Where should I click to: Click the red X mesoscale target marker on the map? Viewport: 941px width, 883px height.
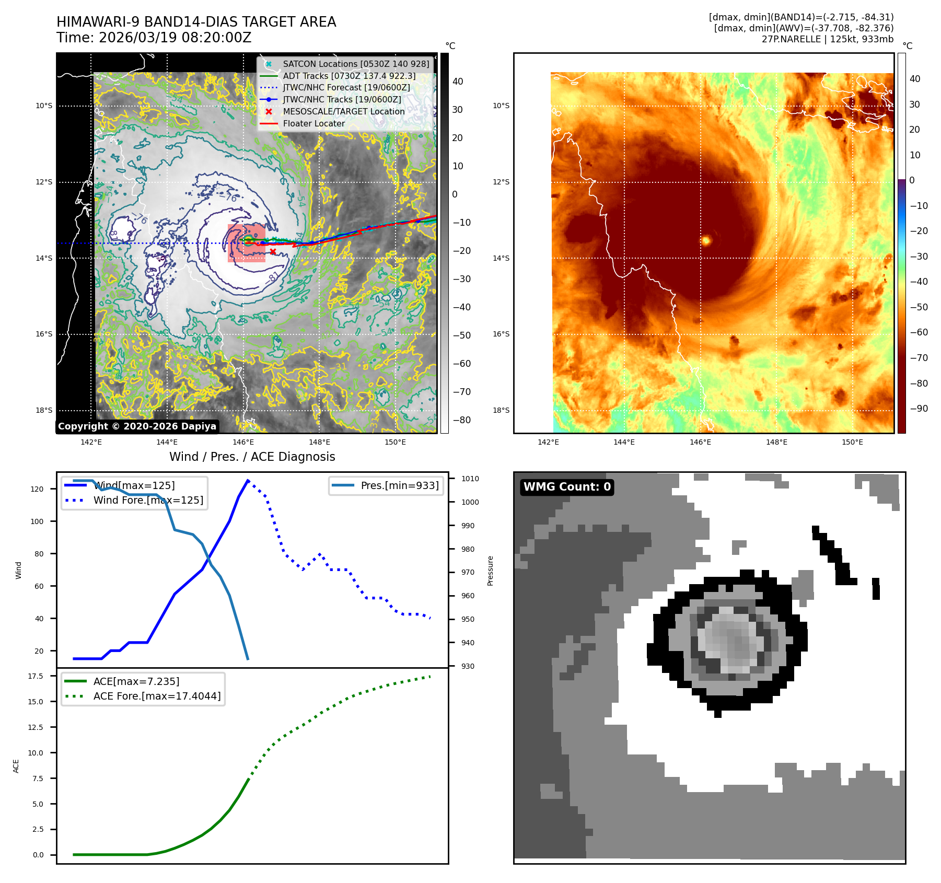[273, 252]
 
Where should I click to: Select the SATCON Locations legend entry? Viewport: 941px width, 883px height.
[355, 64]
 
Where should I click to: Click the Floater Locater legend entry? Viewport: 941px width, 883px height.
[313, 123]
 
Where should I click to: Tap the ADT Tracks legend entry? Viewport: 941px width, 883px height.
[349, 76]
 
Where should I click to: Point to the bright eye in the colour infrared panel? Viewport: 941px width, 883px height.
[706, 240]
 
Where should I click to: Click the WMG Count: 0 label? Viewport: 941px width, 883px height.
[567, 487]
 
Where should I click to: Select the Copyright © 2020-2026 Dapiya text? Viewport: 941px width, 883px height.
[137, 426]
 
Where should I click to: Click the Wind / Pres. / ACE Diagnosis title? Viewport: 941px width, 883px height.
[252, 457]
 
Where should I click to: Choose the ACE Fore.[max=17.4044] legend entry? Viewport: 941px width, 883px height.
[157, 696]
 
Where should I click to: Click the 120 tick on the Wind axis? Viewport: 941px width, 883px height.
[37, 489]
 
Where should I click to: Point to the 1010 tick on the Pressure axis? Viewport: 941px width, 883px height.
[470, 479]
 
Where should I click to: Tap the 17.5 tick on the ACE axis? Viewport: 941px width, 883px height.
[36, 676]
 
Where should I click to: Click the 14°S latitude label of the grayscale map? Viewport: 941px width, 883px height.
[44, 258]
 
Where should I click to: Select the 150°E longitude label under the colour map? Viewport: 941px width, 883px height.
[852, 442]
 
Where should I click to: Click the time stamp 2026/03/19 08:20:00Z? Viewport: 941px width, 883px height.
[175, 38]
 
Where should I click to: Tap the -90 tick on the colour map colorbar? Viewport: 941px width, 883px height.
[919, 409]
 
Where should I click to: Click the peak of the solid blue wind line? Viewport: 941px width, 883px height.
[248, 480]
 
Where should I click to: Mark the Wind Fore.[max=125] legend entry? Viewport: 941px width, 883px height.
[148, 500]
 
